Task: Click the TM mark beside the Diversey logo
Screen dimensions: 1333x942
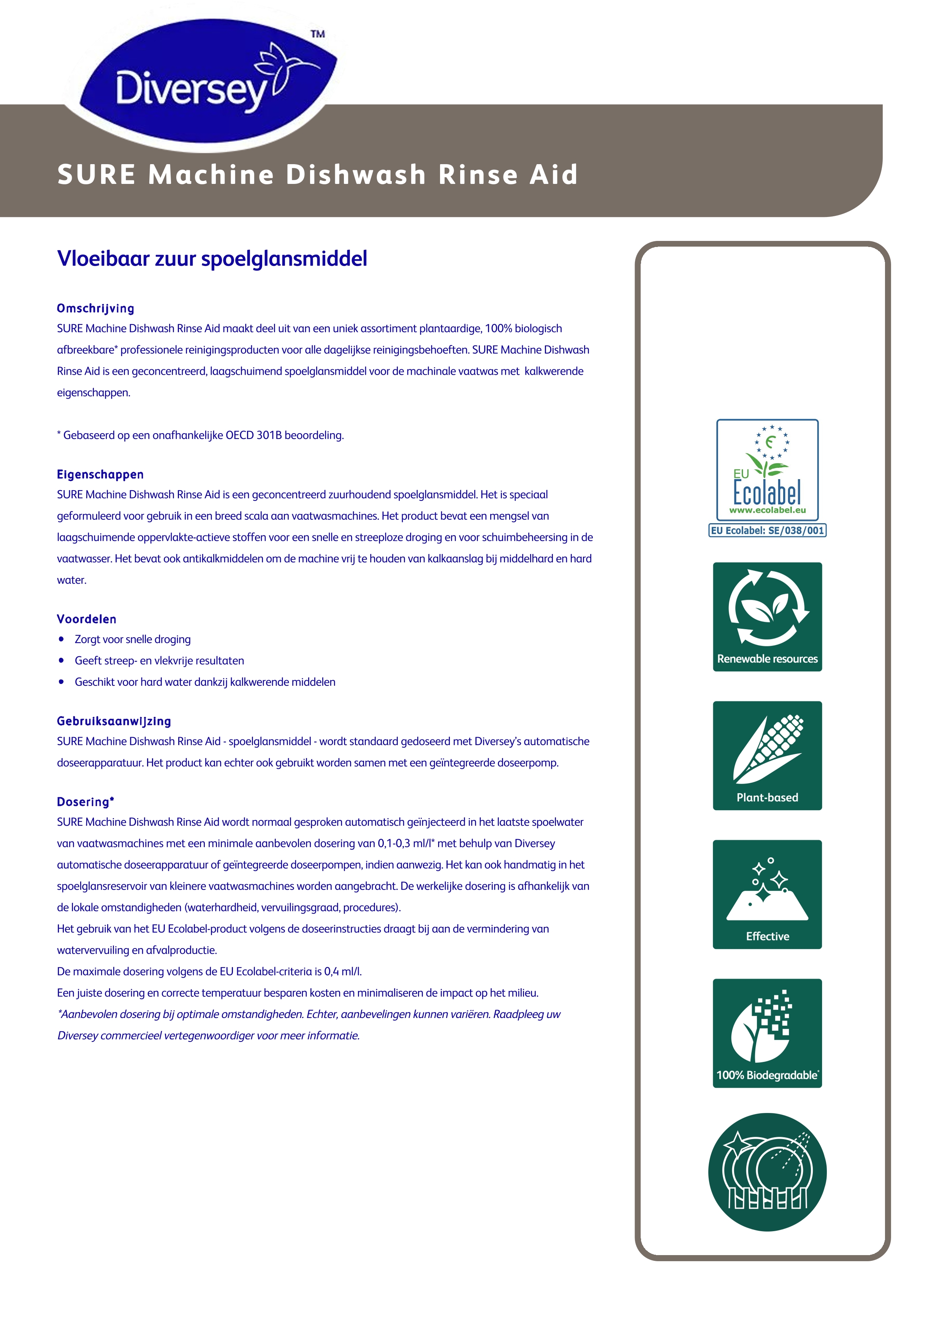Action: click(x=317, y=34)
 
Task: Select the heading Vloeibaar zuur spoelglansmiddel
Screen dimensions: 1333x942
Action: click(x=212, y=258)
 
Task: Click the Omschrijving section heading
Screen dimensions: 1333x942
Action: click(x=95, y=308)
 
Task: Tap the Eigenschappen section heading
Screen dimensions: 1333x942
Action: click(x=100, y=474)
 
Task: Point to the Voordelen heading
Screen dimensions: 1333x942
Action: click(x=87, y=619)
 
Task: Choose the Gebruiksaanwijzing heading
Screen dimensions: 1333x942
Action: click(x=114, y=721)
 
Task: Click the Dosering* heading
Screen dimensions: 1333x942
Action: click(x=85, y=802)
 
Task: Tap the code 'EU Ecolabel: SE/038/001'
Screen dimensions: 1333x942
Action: click(x=767, y=530)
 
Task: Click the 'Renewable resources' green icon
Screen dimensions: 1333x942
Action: click(x=767, y=617)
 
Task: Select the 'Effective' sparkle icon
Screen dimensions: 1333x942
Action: click(x=767, y=894)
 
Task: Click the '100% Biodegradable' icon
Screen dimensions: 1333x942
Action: click(x=767, y=1033)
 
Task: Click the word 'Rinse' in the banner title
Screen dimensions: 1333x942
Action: click(x=478, y=175)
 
